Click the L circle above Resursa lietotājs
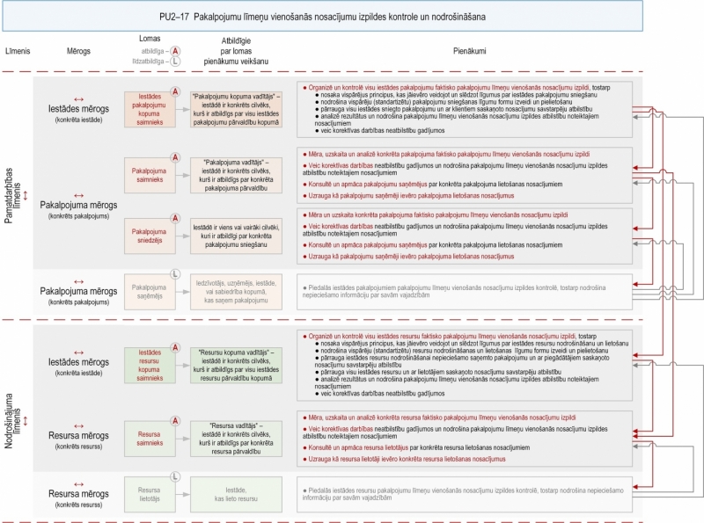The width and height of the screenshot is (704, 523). (175, 476)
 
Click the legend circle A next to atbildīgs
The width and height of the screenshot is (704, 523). (176, 52)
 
